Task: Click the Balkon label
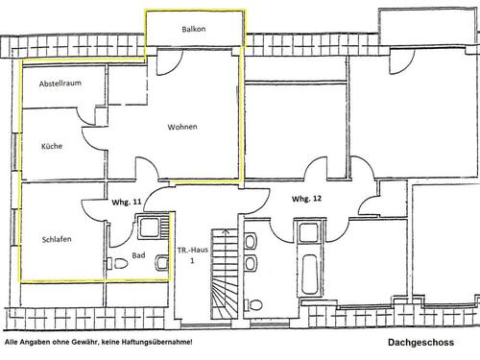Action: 193,30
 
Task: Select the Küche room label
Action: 51,147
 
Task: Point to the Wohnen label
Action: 182,127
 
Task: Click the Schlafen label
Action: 57,239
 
